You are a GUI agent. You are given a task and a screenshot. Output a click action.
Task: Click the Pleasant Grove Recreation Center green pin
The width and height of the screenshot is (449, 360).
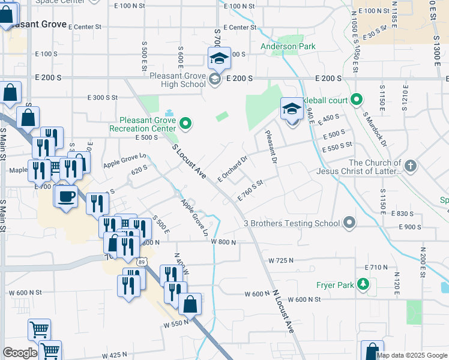pyautogui.click(x=185, y=124)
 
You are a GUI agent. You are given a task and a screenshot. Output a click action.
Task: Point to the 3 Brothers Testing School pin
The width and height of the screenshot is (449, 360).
pyautogui.click(x=350, y=224)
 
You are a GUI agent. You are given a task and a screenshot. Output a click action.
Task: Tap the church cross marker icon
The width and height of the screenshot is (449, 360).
pyautogui.click(x=411, y=166)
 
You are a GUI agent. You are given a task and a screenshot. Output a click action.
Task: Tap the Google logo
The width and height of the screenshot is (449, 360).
pyautogui.click(x=20, y=353)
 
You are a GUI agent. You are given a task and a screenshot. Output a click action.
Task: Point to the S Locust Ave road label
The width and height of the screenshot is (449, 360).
pyautogui.click(x=189, y=161)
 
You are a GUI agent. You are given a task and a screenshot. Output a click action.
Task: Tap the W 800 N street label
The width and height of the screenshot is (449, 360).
pyautogui.click(x=223, y=241)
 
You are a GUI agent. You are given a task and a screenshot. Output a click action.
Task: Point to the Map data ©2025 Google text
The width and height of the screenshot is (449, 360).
pyautogui.click(x=412, y=355)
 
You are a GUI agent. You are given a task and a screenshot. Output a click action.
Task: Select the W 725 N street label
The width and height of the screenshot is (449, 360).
pyautogui.click(x=281, y=260)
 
